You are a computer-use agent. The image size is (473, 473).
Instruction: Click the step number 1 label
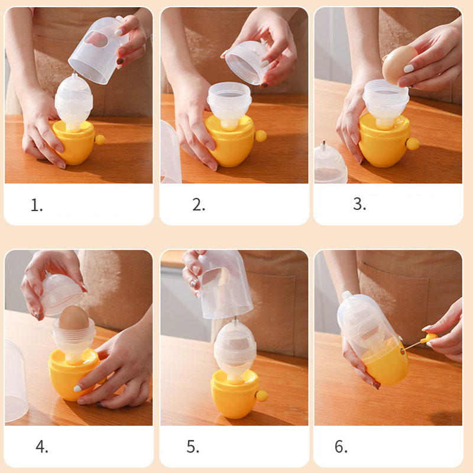[37, 205]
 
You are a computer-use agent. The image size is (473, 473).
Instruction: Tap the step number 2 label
[199, 205]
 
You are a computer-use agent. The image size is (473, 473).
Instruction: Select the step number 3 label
[359, 204]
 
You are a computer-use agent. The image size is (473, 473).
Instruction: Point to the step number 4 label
[41, 446]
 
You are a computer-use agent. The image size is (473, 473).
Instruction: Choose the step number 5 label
[193, 446]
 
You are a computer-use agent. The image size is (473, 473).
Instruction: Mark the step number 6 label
[341, 446]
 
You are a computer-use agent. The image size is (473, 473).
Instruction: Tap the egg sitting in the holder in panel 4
[73, 318]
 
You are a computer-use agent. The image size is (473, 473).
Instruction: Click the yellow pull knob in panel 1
[99, 140]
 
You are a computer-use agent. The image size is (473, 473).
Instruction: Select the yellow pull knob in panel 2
[261, 136]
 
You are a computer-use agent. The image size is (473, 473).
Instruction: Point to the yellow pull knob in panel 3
[413, 144]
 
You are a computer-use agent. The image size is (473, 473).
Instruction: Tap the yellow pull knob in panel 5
[261, 396]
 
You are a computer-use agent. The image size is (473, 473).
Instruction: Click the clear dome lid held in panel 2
[247, 62]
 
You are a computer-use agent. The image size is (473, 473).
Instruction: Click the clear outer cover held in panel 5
[225, 284]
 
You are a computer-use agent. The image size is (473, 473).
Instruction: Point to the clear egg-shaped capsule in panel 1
[73, 101]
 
